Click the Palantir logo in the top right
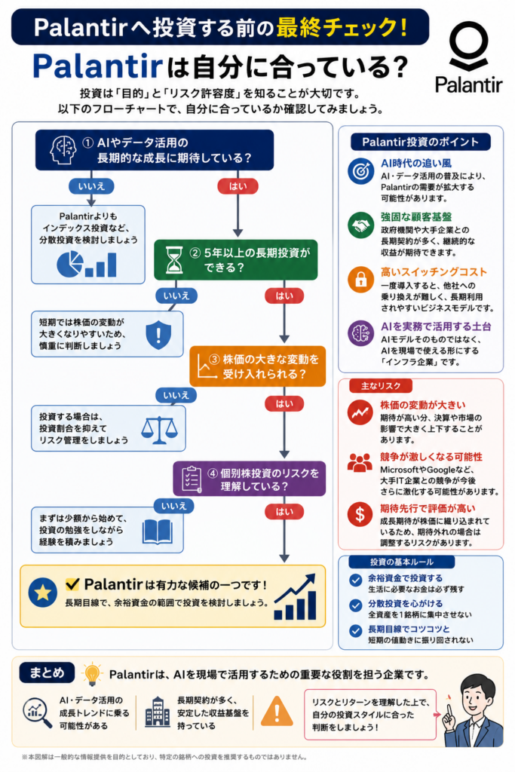point(468,58)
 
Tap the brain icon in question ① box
point(63,150)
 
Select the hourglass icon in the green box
point(173,260)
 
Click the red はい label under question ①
point(238,186)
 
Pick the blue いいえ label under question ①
point(91,186)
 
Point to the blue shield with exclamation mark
point(158,335)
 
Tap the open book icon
point(158,531)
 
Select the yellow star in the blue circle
point(43,592)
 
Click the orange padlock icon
point(361,279)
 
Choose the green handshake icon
point(361,225)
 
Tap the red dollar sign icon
point(360,514)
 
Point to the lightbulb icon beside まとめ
point(91,674)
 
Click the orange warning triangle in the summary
point(277,712)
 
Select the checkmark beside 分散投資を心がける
point(355,605)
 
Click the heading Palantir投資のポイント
point(421,142)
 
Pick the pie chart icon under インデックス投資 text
point(70,264)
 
